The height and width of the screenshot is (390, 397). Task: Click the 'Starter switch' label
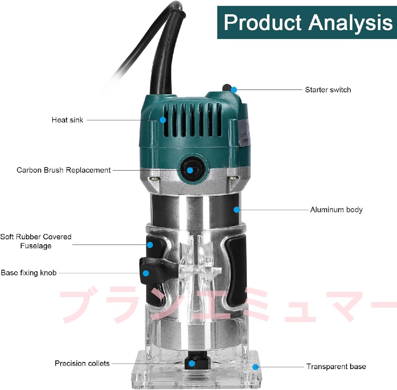click(328, 90)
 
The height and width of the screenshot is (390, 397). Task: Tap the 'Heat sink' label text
click(67, 120)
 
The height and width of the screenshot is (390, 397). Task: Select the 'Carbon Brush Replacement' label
click(64, 170)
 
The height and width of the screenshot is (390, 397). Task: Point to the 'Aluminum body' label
click(336, 210)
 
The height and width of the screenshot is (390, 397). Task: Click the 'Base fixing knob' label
click(29, 273)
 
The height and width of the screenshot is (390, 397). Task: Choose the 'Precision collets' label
click(82, 364)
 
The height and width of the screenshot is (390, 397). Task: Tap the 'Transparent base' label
click(336, 367)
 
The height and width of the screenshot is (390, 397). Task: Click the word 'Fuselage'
click(36, 246)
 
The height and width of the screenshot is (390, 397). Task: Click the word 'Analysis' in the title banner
click(350, 23)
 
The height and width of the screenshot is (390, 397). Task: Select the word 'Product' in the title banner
click(262, 22)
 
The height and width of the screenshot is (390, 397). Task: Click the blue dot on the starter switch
click(234, 90)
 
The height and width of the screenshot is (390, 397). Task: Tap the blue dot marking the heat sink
click(163, 120)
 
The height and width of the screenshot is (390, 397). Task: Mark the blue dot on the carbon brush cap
click(190, 170)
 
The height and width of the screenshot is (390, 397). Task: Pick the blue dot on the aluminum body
click(237, 210)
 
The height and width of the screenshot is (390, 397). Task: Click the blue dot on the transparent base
click(255, 367)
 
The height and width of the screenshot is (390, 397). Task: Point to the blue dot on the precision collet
click(192, 364)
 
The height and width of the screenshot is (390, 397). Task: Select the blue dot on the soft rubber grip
click(150, 245)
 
